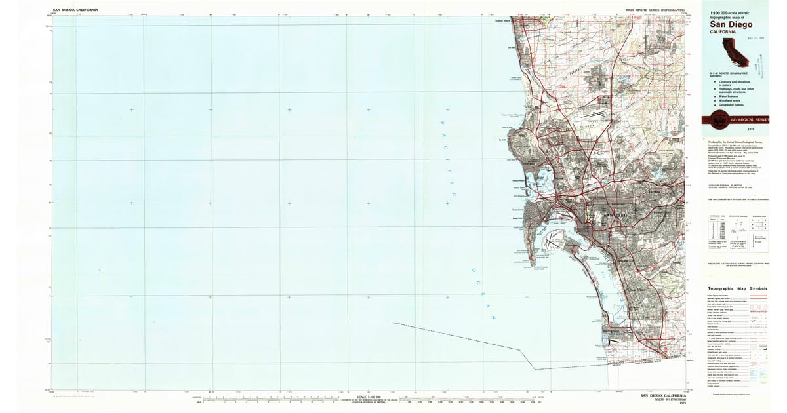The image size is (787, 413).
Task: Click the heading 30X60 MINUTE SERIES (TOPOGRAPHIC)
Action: [x=655, y=10]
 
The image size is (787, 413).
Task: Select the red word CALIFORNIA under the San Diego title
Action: [x=722, y=32]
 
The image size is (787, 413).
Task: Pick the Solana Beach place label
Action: [x=502, y=20]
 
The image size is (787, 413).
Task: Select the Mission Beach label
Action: [x=500, y=180]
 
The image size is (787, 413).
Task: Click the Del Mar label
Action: [x=512, y=47]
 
